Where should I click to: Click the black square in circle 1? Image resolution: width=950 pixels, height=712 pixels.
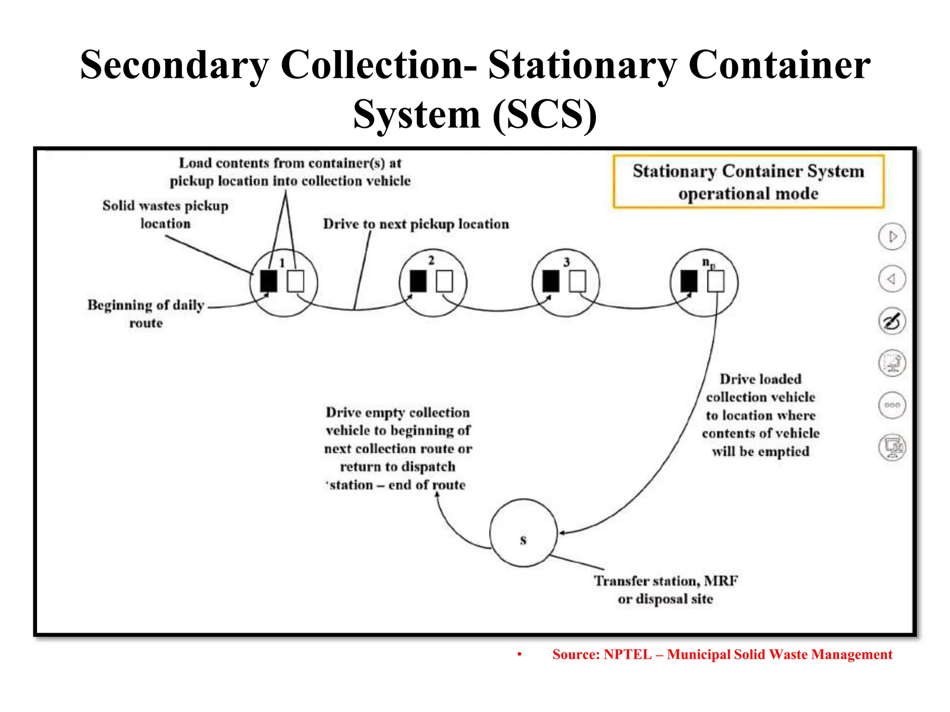[269, 281]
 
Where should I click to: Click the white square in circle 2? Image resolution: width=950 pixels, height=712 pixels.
[444, 281]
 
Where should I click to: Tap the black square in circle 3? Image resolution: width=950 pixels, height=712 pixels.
[551, 281]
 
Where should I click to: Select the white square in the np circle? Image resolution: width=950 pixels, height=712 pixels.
[715, 281]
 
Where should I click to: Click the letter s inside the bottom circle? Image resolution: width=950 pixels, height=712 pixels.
[523, 540]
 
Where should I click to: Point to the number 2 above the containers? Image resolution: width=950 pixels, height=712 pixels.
[431, 261]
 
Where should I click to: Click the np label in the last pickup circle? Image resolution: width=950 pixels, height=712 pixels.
[708, 263]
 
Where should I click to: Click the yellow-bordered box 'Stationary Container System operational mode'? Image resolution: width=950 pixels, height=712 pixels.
[748, 182]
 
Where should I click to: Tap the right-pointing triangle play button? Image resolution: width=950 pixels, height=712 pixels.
[892, 237]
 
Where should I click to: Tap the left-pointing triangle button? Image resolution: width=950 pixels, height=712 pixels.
[892, 279]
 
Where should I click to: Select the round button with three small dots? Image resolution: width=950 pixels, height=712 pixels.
[892, 405]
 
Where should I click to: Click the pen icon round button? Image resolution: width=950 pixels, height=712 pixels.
[892, 321]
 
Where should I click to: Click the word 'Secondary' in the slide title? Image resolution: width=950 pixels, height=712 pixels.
[174, 66]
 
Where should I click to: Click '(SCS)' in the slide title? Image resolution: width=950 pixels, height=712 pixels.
[545, 115]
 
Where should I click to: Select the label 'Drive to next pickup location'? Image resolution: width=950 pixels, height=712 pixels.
[416, 224]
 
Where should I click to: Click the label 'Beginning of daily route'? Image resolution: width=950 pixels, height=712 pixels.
[146, 313]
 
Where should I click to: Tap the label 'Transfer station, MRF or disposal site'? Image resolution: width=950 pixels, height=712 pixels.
[666, 590]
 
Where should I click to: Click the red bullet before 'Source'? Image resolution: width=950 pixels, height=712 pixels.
[520, 655]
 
